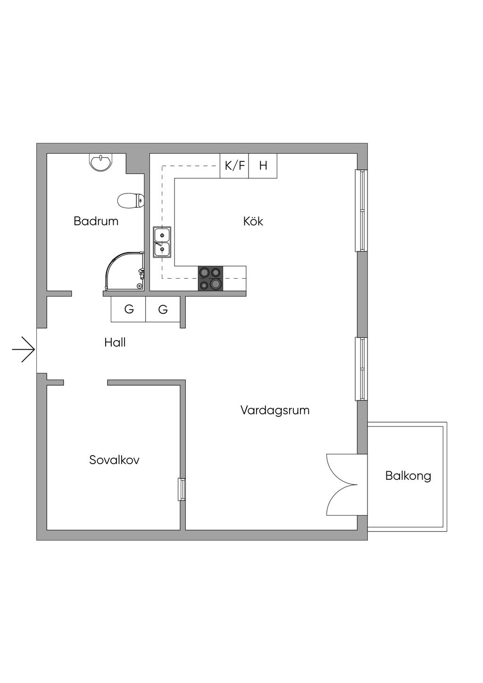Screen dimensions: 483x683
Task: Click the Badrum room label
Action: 96,221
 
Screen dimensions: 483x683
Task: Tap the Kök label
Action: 253,221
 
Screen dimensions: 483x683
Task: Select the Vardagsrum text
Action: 275,410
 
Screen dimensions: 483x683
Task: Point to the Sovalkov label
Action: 114,460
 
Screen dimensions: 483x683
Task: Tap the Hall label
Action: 115,343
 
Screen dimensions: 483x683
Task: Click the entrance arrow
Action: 23,350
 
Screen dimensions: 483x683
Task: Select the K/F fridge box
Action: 234,166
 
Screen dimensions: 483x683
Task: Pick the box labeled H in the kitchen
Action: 263,166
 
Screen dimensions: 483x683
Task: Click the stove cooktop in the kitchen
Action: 210,278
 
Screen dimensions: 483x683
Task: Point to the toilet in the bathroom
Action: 131,200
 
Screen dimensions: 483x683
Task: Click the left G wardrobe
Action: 128,309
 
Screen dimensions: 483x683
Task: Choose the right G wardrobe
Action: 163,309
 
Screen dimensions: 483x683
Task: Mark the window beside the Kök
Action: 361,210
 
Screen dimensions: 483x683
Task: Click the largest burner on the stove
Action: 216,284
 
